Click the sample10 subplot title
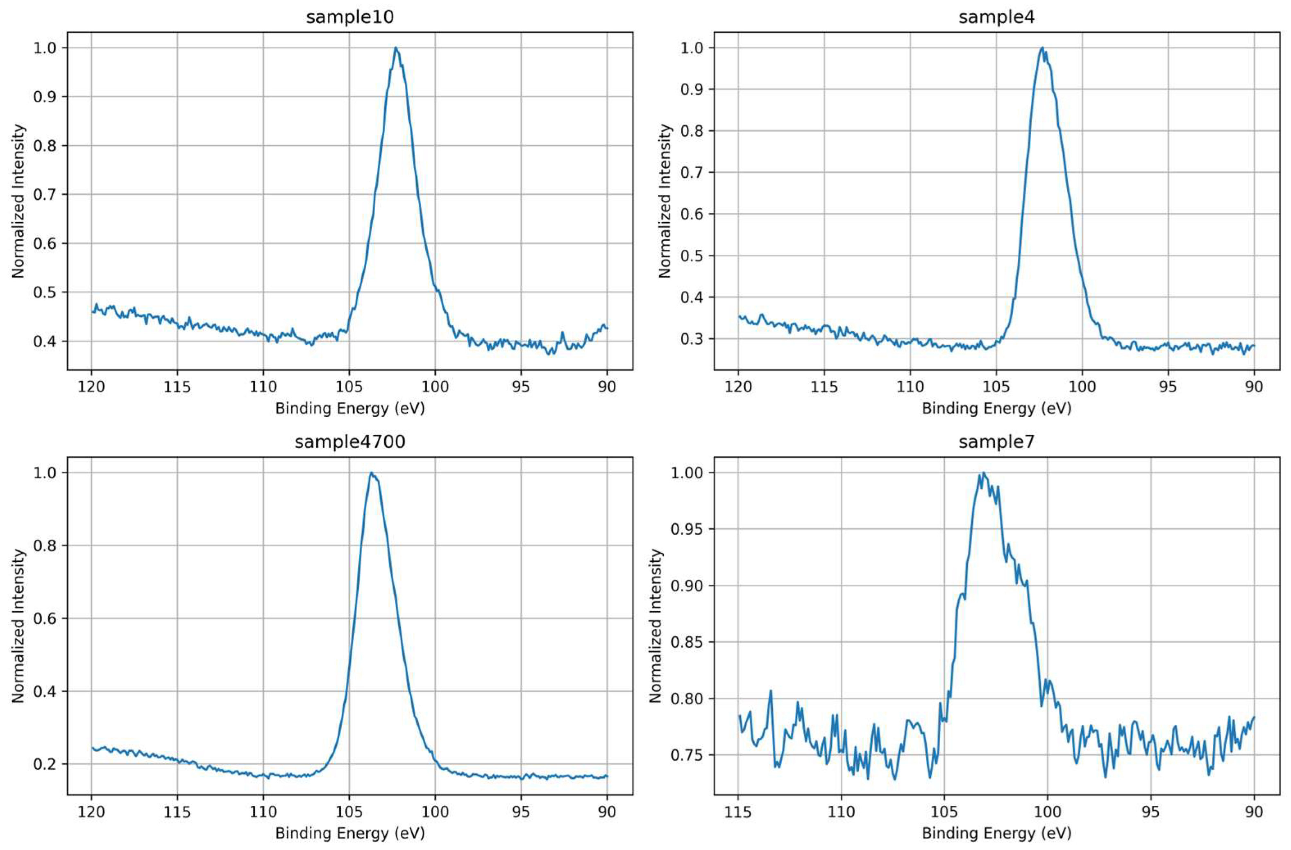tap(350, 17)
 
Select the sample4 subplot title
tap(996, 17)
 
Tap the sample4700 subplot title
tap(350, 442)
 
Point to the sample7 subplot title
tap(996, 442)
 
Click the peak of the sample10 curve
tap(396, 48)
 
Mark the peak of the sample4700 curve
tap(371, 473)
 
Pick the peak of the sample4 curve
tap(1042, 48)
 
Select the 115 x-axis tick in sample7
tap(738, 812)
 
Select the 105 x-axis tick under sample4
tap(996, 387)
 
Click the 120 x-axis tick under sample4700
tap(91, 812)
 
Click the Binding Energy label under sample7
tap(996, 833)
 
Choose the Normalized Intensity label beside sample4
tap(665, 201)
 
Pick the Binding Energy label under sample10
tap(350, 408)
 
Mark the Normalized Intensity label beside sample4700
tap(18, 626)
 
